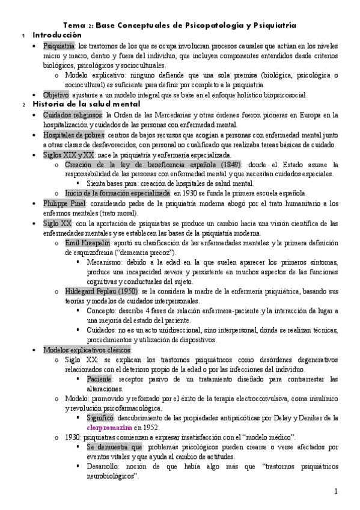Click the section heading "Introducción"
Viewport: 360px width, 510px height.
57,35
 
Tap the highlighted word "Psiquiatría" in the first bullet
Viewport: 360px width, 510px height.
59,46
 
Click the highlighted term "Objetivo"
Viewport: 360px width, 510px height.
56,94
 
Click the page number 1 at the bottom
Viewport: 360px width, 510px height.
337,492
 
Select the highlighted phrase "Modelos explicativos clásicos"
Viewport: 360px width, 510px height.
88,349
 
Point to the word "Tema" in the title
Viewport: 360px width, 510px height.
74,25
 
